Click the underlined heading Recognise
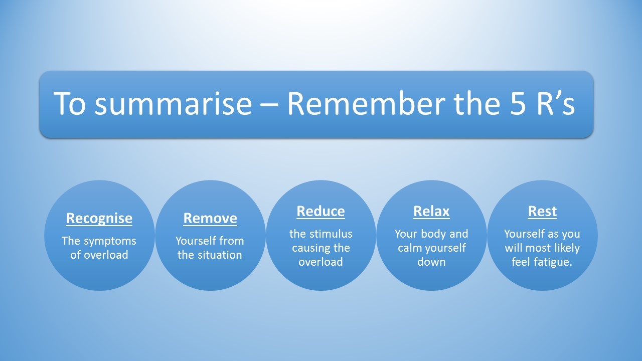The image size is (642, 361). point(99,219)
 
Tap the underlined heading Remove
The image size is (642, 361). point(210,218)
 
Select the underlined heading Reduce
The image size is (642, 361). point(320,212)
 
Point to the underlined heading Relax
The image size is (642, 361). point(431,212)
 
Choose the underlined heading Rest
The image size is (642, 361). point(542,212)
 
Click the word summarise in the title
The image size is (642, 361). point(173,104)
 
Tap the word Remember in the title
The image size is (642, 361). point(366,103)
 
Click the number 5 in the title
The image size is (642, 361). point(518,104)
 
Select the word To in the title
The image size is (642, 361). point(70,104)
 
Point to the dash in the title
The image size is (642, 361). point(270,105)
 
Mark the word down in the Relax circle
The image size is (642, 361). point(431,262)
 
